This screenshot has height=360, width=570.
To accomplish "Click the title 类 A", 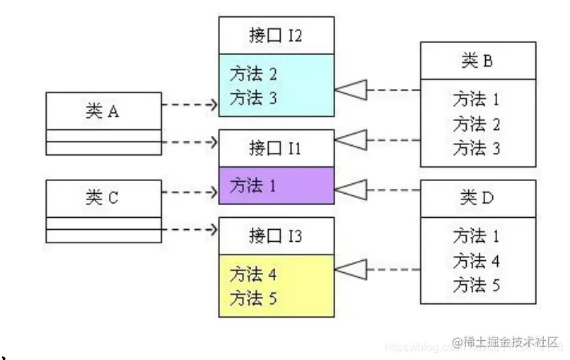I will click(x=103, y=110).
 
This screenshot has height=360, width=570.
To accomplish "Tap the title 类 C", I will click(x=103, y=198).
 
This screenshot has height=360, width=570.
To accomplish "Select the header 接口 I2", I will click(x=276, y=35).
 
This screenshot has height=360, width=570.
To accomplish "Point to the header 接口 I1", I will click(x=276, y=149).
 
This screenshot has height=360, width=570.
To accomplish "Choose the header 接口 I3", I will click(x=276, y=236).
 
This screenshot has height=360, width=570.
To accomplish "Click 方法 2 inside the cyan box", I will click(x=253, y=74).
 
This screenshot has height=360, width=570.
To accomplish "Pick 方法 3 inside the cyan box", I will click(x=253, y=98).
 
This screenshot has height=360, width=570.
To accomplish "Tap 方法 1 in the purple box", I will click(x=253, y=186).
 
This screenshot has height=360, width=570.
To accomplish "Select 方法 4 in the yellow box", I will click(x=253, y=273).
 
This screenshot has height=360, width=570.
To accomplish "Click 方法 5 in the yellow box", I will click(x=253, y=297).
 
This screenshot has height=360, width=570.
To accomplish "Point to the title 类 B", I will click(x=477, y=61).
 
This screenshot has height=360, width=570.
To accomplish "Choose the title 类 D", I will click(x=477, y=198).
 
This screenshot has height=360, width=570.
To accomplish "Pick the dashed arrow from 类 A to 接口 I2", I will click(x=190, y=105).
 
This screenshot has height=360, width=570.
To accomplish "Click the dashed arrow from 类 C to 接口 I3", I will click(x=190, y=229).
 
